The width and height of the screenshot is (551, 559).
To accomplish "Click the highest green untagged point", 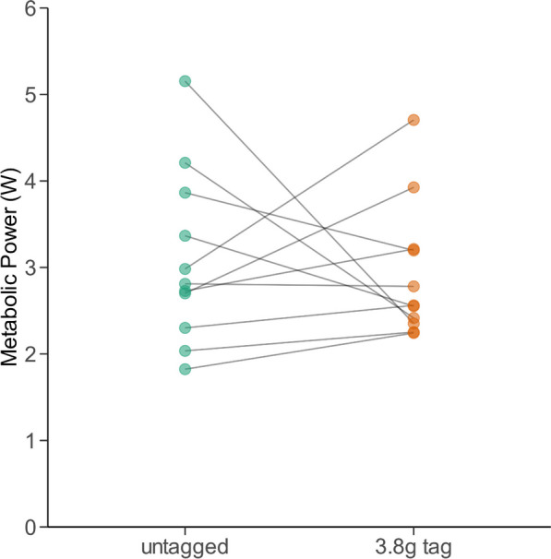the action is point(185,81).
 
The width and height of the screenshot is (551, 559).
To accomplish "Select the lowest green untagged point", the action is point(185,369).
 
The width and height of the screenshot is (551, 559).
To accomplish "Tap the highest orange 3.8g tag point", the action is point(413,120).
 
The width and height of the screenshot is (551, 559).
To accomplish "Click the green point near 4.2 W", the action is point(185,163).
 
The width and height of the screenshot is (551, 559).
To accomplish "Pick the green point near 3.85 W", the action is point(185,193).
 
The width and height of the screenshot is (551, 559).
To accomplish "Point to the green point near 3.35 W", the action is point(185,235).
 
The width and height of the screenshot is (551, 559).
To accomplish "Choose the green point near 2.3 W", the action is point(185,327).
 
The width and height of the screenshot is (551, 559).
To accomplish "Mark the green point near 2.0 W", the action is point(185,351).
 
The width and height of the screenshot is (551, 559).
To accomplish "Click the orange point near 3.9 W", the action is point(413,187).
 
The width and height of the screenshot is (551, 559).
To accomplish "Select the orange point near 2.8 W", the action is point(413,286).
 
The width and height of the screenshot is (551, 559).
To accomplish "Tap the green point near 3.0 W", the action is point(185,268).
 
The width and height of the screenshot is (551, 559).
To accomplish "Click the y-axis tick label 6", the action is point(30,8).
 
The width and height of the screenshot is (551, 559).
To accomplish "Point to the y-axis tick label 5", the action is point(30,94).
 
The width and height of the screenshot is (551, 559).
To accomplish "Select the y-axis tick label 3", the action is point(30,268).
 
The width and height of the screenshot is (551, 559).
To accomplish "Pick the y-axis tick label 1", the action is point(30,441).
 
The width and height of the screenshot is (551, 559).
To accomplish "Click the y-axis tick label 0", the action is point(30,527).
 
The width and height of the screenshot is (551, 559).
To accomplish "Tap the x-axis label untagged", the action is point(185,547).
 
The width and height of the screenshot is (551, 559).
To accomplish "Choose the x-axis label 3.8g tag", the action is point(413,547).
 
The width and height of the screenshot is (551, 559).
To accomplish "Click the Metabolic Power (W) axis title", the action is point(9,268).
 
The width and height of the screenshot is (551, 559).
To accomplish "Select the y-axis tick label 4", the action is point(30,181).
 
